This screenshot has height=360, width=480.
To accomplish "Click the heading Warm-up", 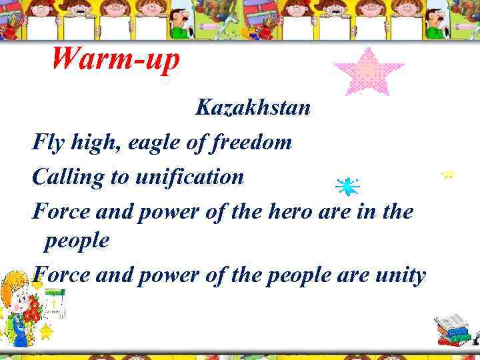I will pyautogui.click(x=115, y=60).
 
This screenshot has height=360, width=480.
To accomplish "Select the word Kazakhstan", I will pyautogui.click(x=253, y=107).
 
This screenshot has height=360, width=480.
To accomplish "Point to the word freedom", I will pyautogui.click(x=253, y=142).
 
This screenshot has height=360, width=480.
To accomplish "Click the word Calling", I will pyautogui.click(x=64, y=177).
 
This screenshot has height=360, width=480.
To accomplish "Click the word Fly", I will pyautogui.click(x=46, y=142).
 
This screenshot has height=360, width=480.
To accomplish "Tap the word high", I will pyautogui.click(x=87, y=142).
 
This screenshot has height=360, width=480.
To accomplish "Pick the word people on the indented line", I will pyautogui.click(x=77, y=241).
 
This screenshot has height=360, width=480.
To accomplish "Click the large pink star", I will pyautogui.click(x=368, y=73).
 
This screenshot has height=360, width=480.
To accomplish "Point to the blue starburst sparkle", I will pyautogui.click(x=347, y=187).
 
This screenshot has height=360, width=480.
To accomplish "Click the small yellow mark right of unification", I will pyautogui.click(x=448, y=175).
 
